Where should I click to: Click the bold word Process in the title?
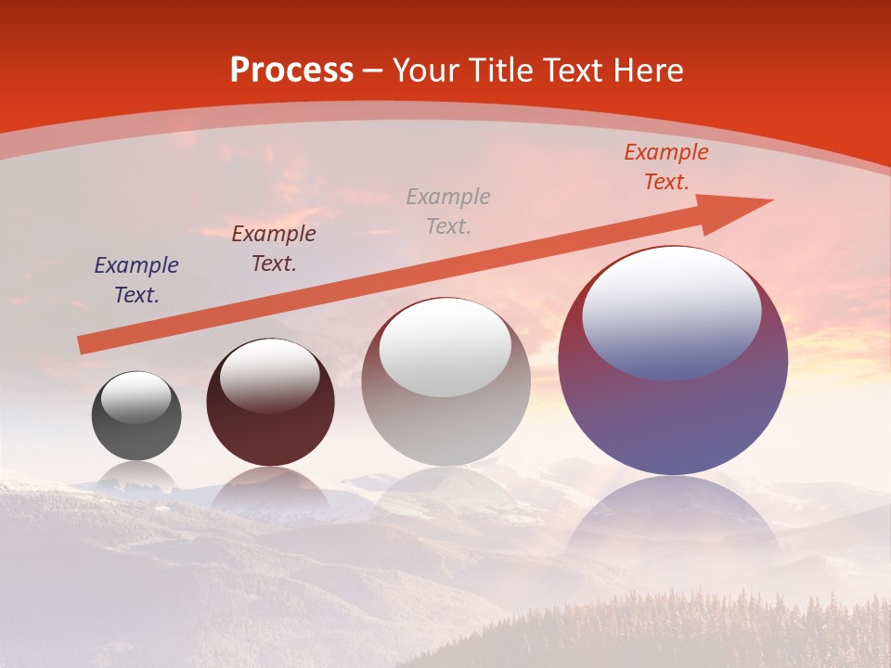[291, 71]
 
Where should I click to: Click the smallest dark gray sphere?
[136, 436]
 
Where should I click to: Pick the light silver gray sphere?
[445, 427]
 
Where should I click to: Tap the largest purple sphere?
[673, 417]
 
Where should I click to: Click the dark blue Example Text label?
[136, 280]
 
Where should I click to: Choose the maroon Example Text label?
[274, 248]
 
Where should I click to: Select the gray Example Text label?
[448, 211]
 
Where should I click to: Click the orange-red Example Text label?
[665, 167]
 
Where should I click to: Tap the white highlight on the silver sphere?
[445, 346]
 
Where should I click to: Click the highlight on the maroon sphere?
[269, 375]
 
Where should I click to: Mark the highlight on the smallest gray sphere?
[136, 397]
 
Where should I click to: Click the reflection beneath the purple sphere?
[673, 520]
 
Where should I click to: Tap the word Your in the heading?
[425, 71]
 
